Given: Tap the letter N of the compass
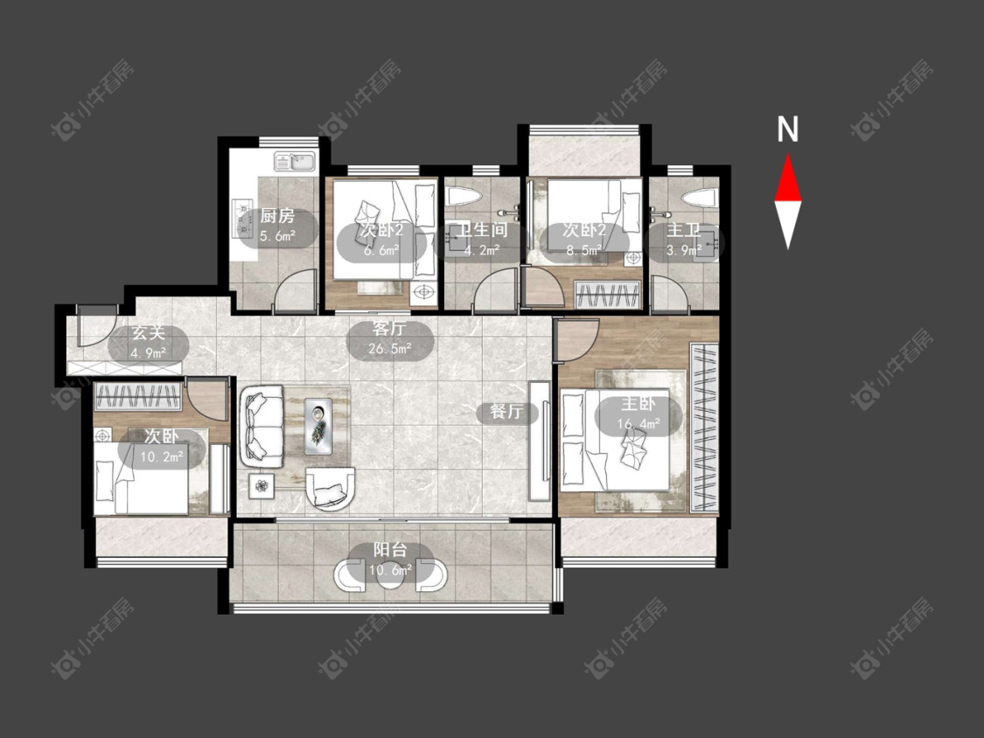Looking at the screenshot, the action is pos(787,129).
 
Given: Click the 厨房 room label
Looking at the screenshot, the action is pos(277,217).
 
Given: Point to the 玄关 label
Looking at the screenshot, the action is pos(149,333).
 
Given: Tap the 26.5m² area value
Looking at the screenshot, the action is pos(390,348).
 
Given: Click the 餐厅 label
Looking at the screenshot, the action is pos(506,412).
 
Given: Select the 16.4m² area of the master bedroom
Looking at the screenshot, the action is pos(639,424).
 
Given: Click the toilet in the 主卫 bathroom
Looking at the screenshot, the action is pos(699,198).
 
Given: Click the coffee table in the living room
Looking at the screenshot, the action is pos(320,426).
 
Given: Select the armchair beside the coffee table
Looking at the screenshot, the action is pos(330,487).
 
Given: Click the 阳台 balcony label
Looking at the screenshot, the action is pos(390,550).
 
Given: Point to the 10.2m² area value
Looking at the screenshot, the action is pos(161,456).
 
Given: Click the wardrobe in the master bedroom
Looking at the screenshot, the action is pos(703,428).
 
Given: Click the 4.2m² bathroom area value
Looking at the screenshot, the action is pos(481,250).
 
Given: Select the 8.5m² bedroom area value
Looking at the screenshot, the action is pos(584,250).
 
